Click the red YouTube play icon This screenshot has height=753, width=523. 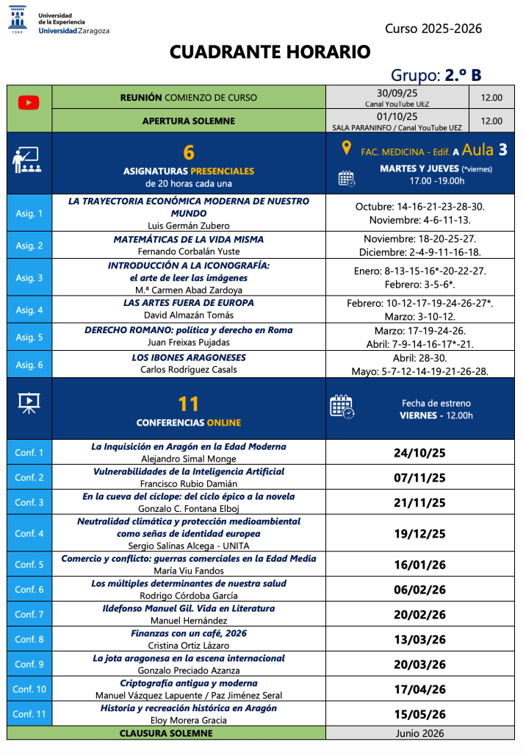tap(29, 103)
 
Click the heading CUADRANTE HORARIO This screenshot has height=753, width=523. tap(270, 52)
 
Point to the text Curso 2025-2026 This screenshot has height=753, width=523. tap(433, 29)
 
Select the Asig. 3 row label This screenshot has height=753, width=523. tap(29, 278)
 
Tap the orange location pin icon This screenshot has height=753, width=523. tap(346, 149)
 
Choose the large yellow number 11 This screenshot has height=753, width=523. tap(189, 404)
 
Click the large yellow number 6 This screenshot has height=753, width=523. tap(189, 152)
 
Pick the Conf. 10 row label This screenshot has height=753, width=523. tap(29, 689)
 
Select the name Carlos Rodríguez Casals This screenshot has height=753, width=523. tap(189, 369)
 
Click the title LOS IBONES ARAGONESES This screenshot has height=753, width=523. tap(189, 357)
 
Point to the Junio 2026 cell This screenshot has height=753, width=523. tap(419, 733)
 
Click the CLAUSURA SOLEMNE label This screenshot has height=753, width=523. tap(166, 733)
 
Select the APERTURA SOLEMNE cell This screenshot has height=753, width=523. tap(189, 121)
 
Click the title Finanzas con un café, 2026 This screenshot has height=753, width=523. tap(189, 633)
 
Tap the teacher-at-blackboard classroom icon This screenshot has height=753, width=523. tap(29, 160)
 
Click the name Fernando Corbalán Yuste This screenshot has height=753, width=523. tap(189, 251)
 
